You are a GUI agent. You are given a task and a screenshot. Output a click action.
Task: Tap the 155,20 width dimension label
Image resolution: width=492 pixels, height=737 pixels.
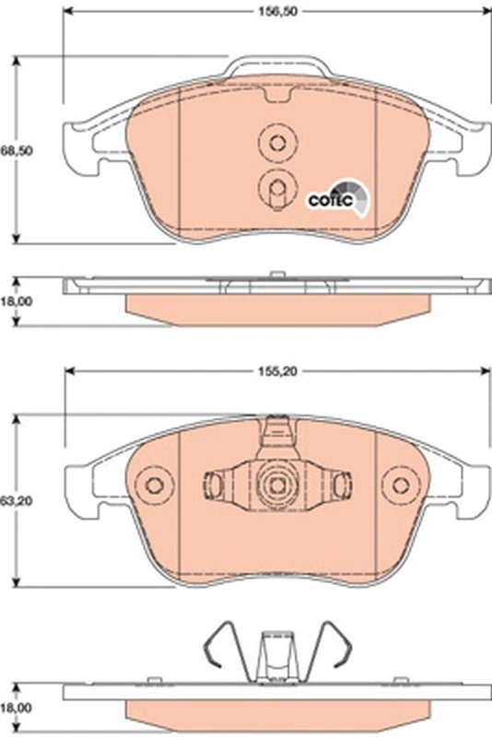tap(276, 374)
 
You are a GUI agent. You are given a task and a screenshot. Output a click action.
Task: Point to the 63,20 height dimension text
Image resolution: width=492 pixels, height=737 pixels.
tap(10, 501)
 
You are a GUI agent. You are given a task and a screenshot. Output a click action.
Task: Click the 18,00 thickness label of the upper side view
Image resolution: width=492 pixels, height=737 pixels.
tap(10, 300)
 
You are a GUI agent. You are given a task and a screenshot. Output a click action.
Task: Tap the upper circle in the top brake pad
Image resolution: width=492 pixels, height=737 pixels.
tap(275, 142)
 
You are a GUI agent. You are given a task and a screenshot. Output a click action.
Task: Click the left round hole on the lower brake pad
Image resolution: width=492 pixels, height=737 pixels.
tap(154, 485)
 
